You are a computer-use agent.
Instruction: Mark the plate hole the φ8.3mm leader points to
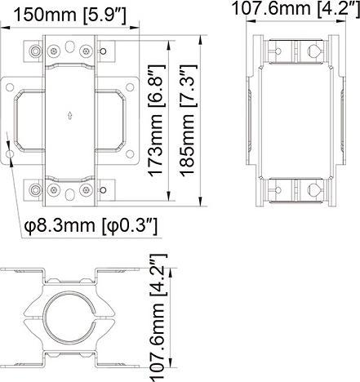click(10, 153)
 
